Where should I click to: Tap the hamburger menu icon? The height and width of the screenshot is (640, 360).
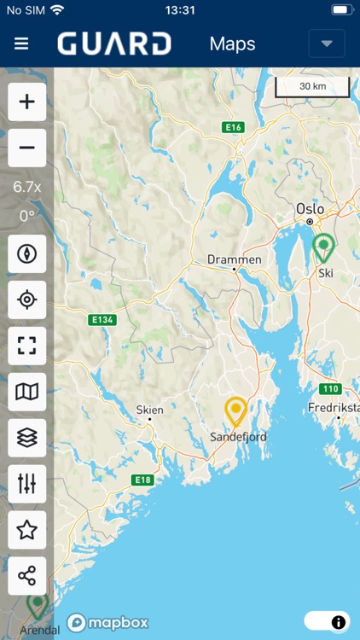point(21,44)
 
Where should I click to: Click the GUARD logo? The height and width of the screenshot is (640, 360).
point(114,44)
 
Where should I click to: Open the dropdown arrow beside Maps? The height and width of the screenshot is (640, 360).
point(327,44)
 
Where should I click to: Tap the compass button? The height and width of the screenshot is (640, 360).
point(27,253)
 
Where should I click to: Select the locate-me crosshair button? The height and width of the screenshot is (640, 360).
point(27,300)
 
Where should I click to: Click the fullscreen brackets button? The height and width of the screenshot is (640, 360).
point(27,346)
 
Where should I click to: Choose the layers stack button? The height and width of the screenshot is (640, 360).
point(27,438)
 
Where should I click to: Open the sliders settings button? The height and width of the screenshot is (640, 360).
point(27,484)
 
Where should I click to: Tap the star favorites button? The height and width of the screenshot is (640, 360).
point(27,530)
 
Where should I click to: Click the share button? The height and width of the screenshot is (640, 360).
point(27,576)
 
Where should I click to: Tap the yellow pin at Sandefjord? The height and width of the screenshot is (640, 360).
point(236,411)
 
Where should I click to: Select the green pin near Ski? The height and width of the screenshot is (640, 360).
point(323,247)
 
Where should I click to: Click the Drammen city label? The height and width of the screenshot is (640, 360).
point(235,259)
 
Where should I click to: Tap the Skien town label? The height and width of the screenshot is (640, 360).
point(149,410)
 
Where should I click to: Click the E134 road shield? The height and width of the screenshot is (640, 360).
point(102,320)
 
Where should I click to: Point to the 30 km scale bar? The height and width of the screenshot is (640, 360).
point(312,87)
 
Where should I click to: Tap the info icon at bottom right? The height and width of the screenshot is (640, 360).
point(338,621)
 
